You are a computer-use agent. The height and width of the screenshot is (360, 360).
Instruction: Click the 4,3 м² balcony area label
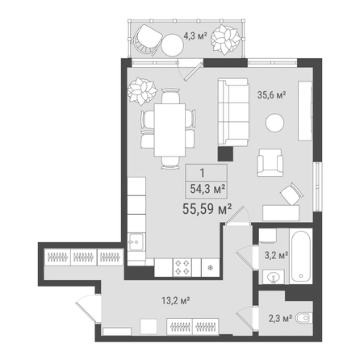(195, 36)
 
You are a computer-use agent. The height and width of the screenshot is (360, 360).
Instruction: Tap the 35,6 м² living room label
(271, 94)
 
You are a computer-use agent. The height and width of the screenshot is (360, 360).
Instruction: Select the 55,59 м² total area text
(207, 209)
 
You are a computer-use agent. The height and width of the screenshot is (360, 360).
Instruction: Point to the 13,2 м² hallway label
(176, 300)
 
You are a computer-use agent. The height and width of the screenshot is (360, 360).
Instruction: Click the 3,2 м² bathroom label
(276, 255)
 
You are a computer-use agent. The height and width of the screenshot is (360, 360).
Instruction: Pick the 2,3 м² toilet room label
(280, 319)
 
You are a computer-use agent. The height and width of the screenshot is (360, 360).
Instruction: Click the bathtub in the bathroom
(301, 256)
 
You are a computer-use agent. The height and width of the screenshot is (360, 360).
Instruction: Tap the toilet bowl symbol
(304, 318)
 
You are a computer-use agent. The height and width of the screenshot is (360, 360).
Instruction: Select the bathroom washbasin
(274, 277)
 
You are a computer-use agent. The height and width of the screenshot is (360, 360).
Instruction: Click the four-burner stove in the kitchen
(182, 267)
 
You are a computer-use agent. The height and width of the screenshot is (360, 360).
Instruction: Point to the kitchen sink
(136, 241)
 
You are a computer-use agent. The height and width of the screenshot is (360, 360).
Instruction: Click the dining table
(170, 130)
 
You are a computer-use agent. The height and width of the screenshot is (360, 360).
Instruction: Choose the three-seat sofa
(233, 112)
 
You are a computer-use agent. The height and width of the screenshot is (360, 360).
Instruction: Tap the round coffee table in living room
(274, 123)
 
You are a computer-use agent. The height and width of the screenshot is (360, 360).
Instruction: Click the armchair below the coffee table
(270, 162)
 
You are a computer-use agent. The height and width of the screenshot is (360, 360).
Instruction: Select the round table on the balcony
(172, 45)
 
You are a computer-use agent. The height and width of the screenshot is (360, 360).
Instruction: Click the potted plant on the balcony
(225, 40)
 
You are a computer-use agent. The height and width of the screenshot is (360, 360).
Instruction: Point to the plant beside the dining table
(142, 91)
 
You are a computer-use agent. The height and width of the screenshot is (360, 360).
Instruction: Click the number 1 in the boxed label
(203, 173)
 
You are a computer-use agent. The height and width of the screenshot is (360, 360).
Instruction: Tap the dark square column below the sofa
(225, 154)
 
